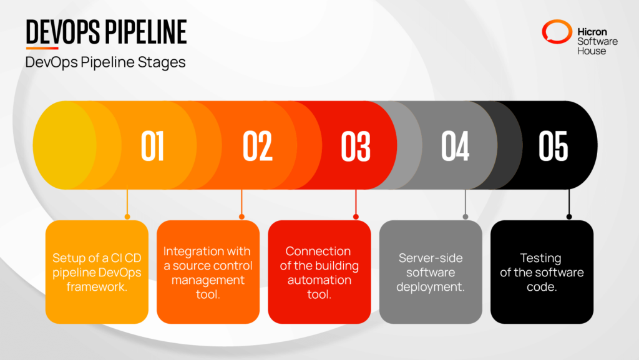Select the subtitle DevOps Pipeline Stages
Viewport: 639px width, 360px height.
105,63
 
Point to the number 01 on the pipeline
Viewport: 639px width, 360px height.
152,145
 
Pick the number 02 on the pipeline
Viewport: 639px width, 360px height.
257,145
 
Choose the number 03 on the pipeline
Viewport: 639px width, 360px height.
356,145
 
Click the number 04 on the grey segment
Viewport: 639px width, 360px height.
455,145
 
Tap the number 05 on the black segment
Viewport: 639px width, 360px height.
554,145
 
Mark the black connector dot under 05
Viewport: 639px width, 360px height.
568,216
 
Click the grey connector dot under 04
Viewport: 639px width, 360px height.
466,216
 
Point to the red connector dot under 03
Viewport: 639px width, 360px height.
356,216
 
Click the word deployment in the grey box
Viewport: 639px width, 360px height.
431,287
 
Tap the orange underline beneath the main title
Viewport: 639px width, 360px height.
42,48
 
